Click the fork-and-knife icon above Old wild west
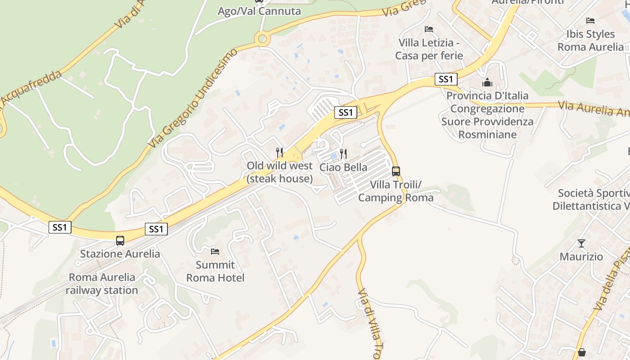point(279,152)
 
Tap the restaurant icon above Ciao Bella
point(343,154)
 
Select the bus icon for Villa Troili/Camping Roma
point(396,171)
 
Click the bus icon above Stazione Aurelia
point(120,241)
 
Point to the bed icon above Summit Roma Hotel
point(215,251)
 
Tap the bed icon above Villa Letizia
point(429,29)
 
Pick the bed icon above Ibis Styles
point(590,21)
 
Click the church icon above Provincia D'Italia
point(487,83)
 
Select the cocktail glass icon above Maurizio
point(581,243)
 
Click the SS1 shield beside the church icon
point(446,79)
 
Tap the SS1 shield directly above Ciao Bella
point(346,112)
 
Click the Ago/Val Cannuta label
point(259,11)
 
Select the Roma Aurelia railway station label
point(102,283)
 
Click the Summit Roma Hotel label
point(216,271)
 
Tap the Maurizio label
point(581,256)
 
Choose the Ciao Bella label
point(343,167)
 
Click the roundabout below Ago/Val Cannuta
point(262,39)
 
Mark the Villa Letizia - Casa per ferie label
point(429,49)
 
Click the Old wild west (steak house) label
point(279,172)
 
